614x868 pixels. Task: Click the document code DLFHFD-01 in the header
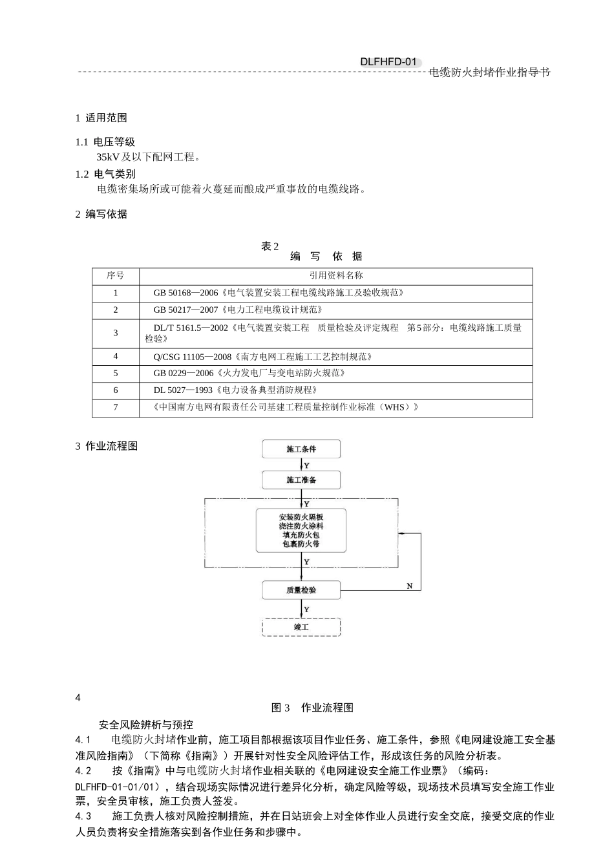click(388, 62)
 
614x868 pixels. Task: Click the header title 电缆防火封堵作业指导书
click(489, 72)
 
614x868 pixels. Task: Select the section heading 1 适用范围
click(101, 118)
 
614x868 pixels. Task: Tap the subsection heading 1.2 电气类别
click(105, 174)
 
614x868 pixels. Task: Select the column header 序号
click(116, 275)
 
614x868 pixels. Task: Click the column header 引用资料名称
click(336, 275)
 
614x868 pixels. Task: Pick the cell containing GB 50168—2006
click(278, 293)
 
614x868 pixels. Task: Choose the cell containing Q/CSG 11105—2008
click(262, 357)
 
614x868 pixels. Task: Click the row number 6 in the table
click(116, 390)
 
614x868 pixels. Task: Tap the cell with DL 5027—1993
click(235, 390)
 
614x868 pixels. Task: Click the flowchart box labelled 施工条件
click(301, 449)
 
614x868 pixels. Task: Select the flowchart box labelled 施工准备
click(301, 480)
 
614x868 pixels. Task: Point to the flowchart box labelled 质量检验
click(301, 590)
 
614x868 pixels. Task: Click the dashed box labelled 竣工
click(301, 627)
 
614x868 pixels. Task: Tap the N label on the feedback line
click(409, 586)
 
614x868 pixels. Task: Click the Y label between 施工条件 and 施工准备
click(306, 465)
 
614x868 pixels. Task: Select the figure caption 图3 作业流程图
click(312, 708)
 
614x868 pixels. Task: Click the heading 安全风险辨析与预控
click(146, 725)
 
